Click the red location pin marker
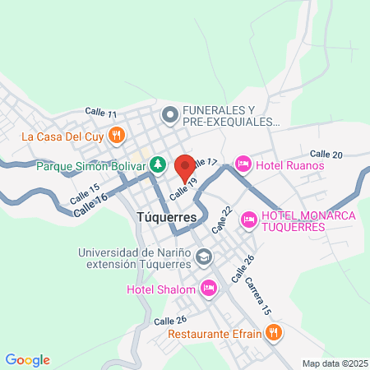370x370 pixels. click(x=185, y=165)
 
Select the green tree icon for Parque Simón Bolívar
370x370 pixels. click(x=159, y=164)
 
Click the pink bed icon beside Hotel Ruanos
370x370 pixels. click(x=243, y=164)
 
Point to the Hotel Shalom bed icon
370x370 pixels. click(x=208, y=289)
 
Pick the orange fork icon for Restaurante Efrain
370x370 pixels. click(x=274, y=334)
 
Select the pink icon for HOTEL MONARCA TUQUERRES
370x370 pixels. click(x=247, y=216)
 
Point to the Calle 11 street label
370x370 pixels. click(x=101, y=113)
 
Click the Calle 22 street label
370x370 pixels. click(x=223, y=218)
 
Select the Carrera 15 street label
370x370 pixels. click(x=257, y=295)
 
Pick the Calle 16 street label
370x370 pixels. click(x=90, y=206)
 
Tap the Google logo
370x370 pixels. click(x=27, y=360)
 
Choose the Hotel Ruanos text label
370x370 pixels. click(x=290, y=164)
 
